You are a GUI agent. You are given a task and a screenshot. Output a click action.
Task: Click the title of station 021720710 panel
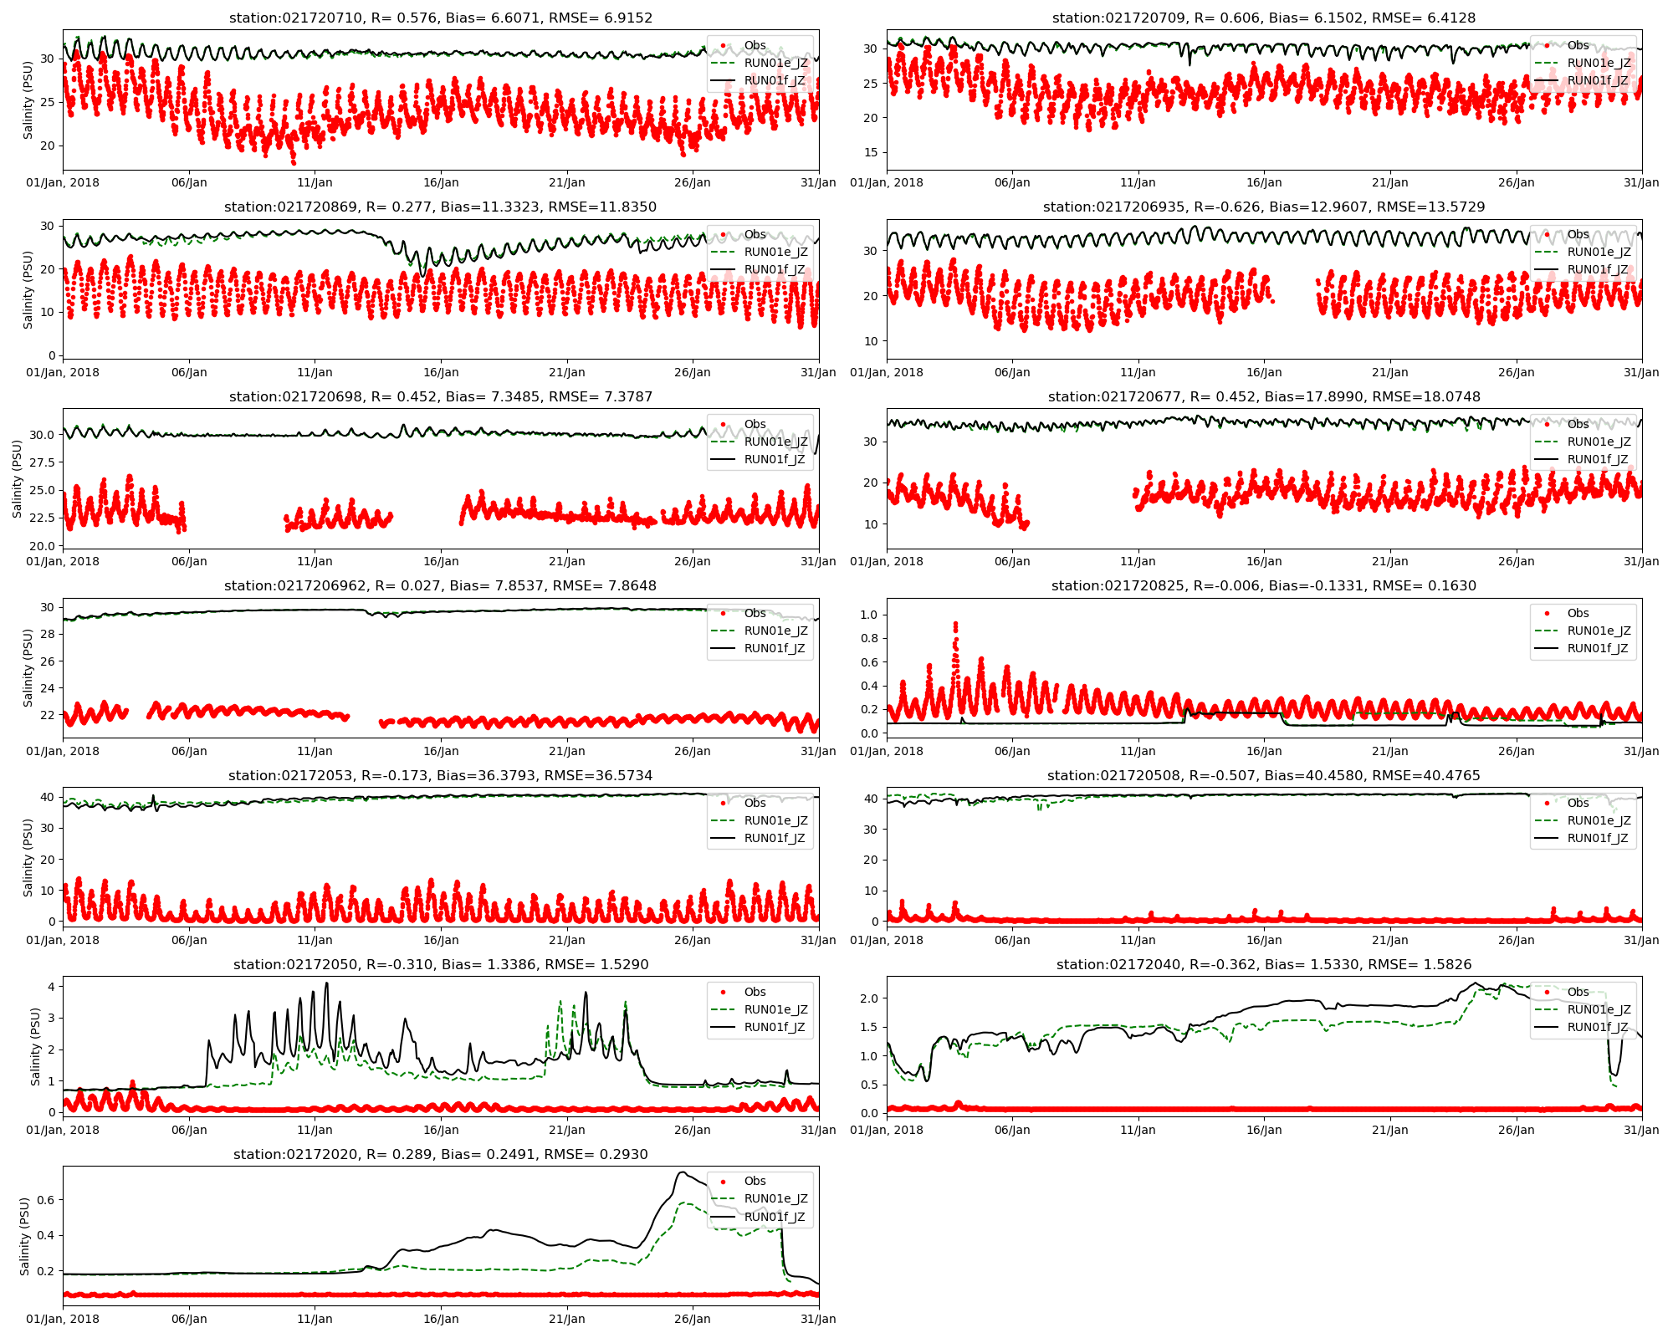click(440, 18)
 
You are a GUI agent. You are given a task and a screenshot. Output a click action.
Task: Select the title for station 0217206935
click(1264, 207)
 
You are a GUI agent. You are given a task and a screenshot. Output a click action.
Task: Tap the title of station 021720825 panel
click(1264, 585)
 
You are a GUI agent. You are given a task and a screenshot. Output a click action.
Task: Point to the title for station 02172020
click(440, 1154)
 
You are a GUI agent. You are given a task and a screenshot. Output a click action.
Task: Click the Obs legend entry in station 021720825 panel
click(1578, 613)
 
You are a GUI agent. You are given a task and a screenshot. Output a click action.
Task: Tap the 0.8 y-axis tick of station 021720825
click(868, 638)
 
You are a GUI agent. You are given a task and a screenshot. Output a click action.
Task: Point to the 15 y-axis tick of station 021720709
click(872, 152)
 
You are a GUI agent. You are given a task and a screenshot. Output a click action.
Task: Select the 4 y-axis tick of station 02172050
click(52, 987)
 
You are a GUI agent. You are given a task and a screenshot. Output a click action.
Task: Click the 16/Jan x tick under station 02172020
click(440, 1319)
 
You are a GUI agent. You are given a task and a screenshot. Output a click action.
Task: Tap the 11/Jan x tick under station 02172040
click(1138, 1130)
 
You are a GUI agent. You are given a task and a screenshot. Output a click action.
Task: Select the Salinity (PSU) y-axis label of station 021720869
click(28, 289)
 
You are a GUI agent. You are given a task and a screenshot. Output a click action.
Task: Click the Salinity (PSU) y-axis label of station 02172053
click(28, 857)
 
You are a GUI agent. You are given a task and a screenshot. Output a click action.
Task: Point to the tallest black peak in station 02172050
click(326, 983)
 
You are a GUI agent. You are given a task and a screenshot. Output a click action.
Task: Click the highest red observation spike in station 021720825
click(955, 624)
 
